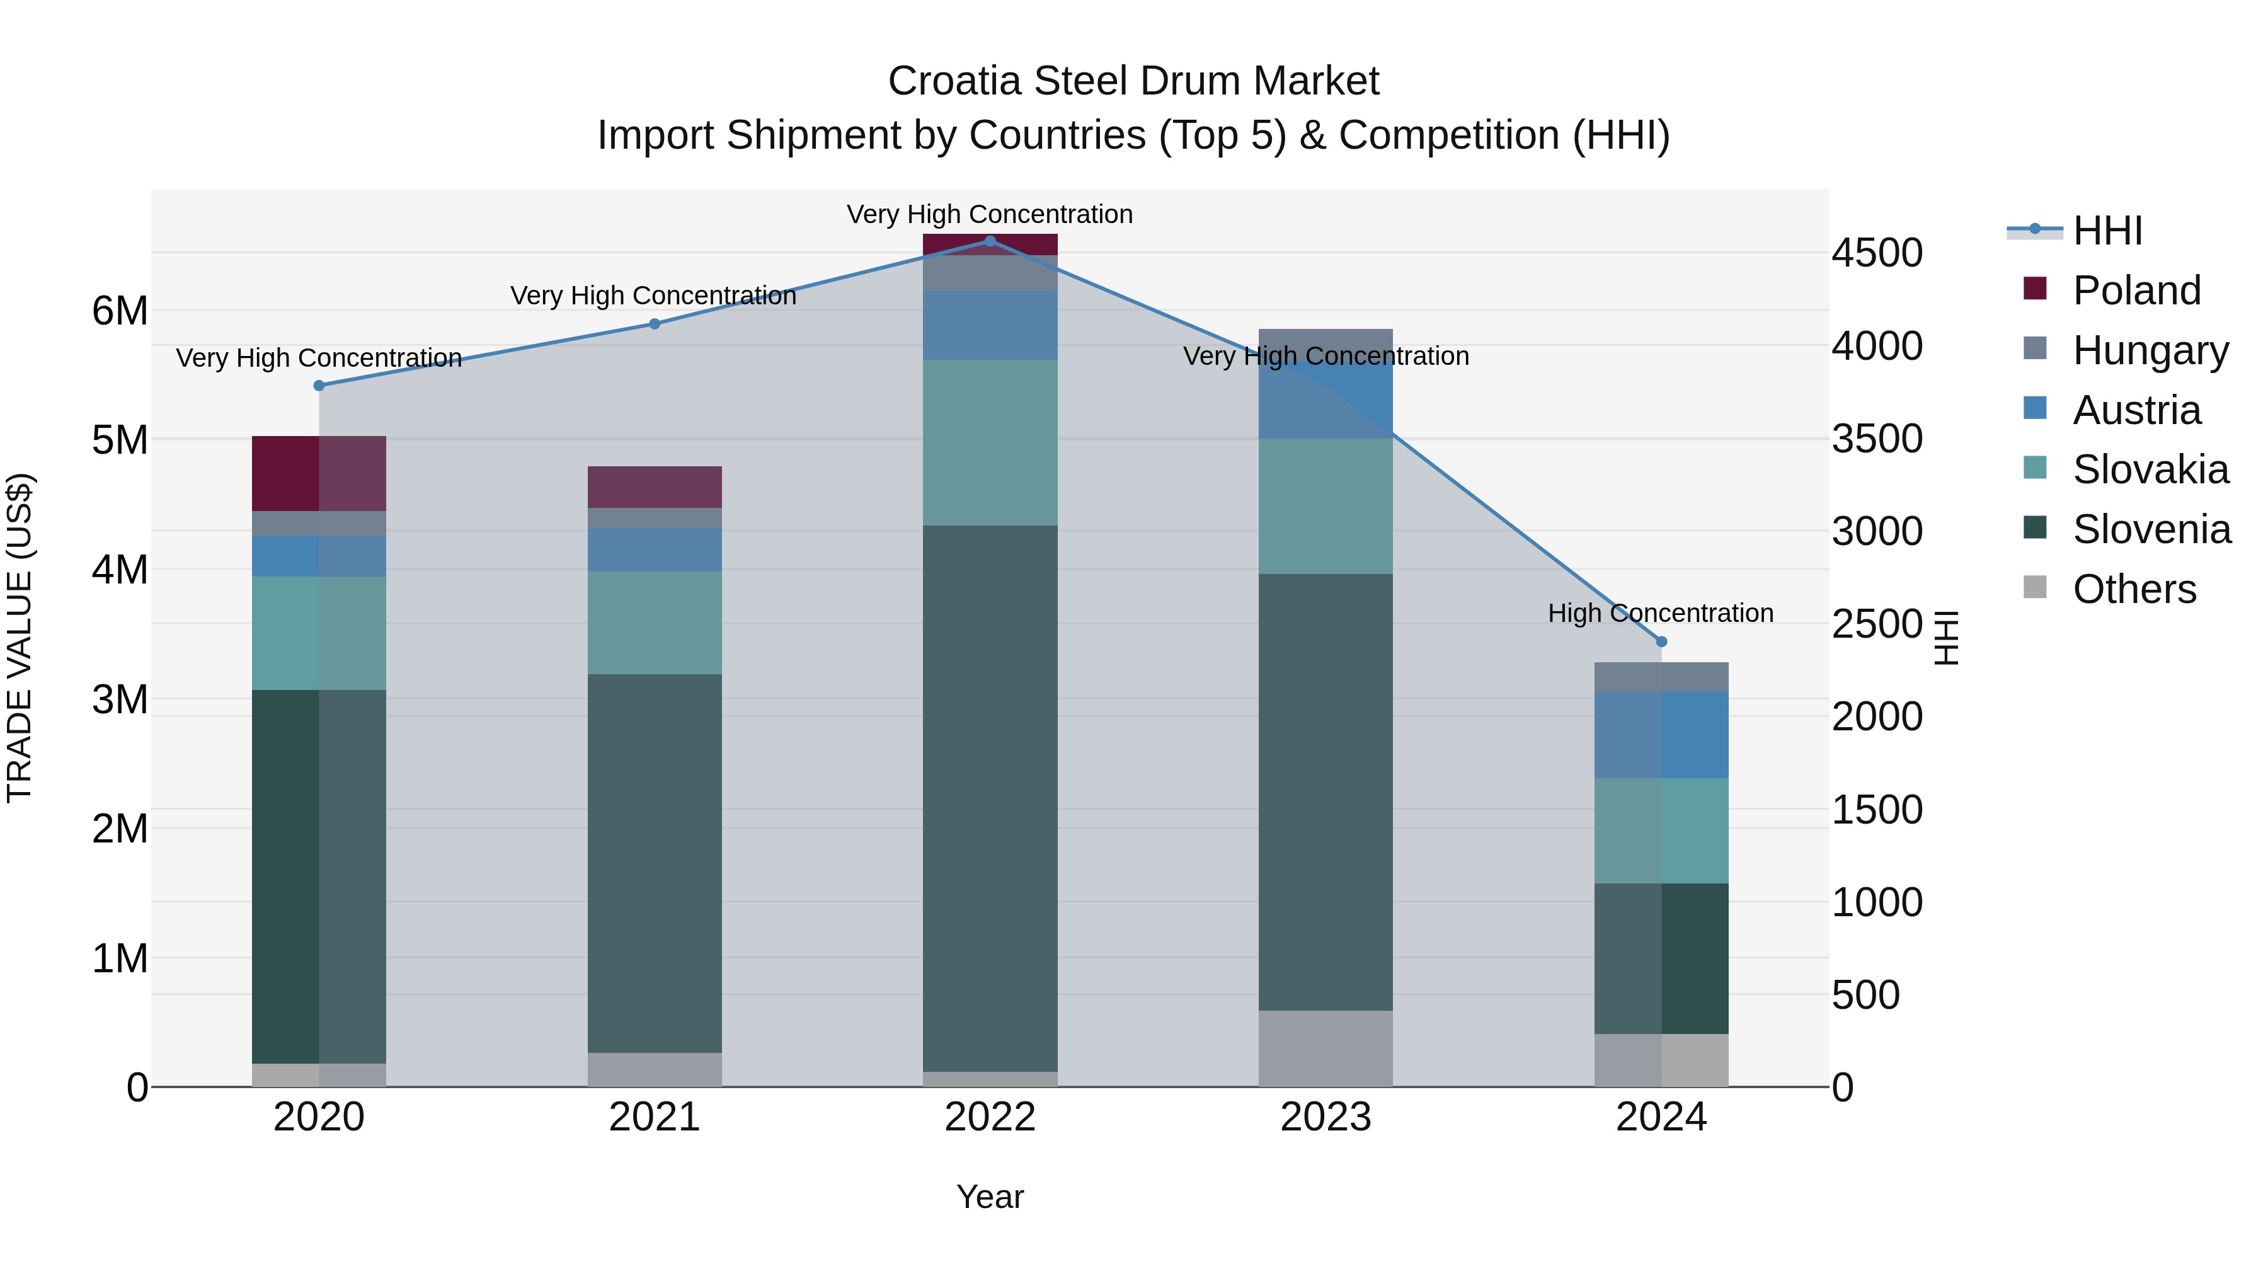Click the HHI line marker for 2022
[990, 241]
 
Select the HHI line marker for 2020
[319, 386]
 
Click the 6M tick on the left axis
[120, 311]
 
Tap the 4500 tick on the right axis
[1877, 253]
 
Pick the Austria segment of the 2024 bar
[1661, 735]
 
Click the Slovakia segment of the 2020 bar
[319, 633]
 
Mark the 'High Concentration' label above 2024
[1661, 613]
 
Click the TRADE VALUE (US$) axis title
[20, 638]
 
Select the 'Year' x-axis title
[990, 1197]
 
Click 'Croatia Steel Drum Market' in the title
[1133, 81]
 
